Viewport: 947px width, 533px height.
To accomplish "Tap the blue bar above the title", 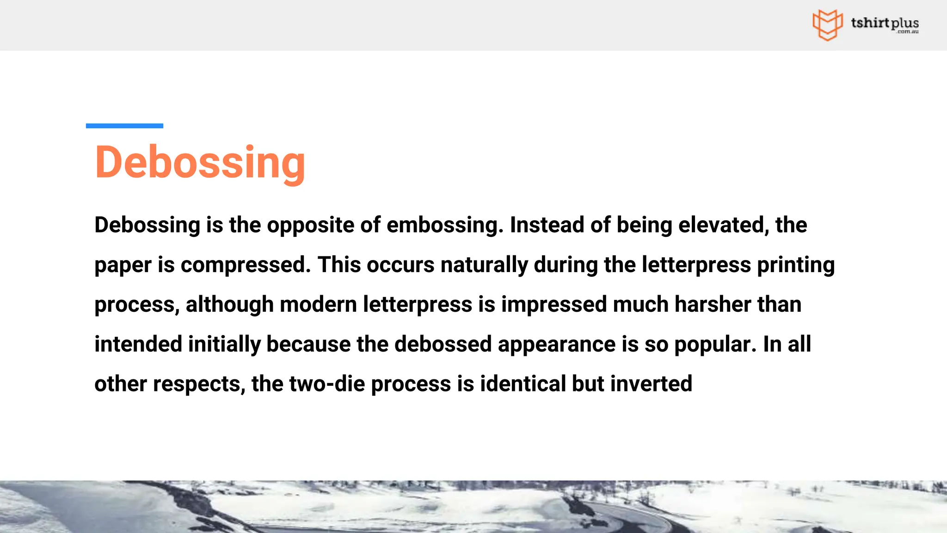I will (x=124, y=126).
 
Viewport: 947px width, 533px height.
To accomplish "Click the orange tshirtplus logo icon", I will (x=827, y=25).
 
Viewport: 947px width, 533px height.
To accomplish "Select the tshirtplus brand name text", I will (x=885, y=23).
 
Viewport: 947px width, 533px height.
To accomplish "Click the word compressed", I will (x=246, y=265).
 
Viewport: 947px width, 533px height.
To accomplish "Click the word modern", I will (x=318, y=305).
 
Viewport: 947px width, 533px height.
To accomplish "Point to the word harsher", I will (x=713, y=305).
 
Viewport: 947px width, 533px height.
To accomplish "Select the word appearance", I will (x=557, y=345).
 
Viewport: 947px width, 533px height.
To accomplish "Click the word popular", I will (x=715, y=345).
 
